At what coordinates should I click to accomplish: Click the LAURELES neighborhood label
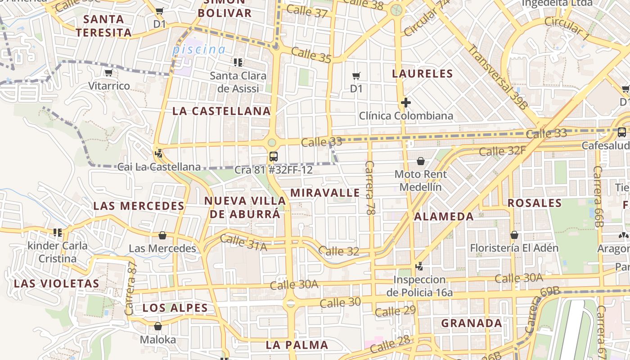click(x=422, y=73)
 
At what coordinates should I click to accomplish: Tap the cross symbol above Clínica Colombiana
click(x=405, y=103)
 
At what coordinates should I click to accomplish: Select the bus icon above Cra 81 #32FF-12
click(x=273, y=157)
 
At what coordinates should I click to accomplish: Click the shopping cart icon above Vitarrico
click(x=108, y=72)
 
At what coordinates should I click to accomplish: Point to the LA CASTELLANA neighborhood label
click(x=221, y=111)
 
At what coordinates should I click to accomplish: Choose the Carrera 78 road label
click(x=370, y=188)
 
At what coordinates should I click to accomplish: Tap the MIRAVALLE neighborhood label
click(x=325, y=193)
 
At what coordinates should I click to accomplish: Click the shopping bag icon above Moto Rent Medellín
click(x=420, y=161)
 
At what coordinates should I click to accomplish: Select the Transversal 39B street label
click(x=497, y=77)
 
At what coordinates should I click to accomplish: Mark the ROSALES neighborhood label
click(x=535, y=203)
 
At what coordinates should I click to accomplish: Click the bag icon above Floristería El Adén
click(x=514, y=235)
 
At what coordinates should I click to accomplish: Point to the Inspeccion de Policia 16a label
click(x=419, y=286)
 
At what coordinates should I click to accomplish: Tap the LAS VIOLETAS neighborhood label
click(x=56, y=283)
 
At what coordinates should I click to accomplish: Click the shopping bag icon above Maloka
click(x=157, y=326)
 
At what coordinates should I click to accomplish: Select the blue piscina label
click(x=198, y=49)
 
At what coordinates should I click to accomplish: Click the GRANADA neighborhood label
click(x=472, y=323)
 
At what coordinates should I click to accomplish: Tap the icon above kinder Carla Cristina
click(x=57, y=232)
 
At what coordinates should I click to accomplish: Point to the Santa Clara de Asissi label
click(x=238, y=82)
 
